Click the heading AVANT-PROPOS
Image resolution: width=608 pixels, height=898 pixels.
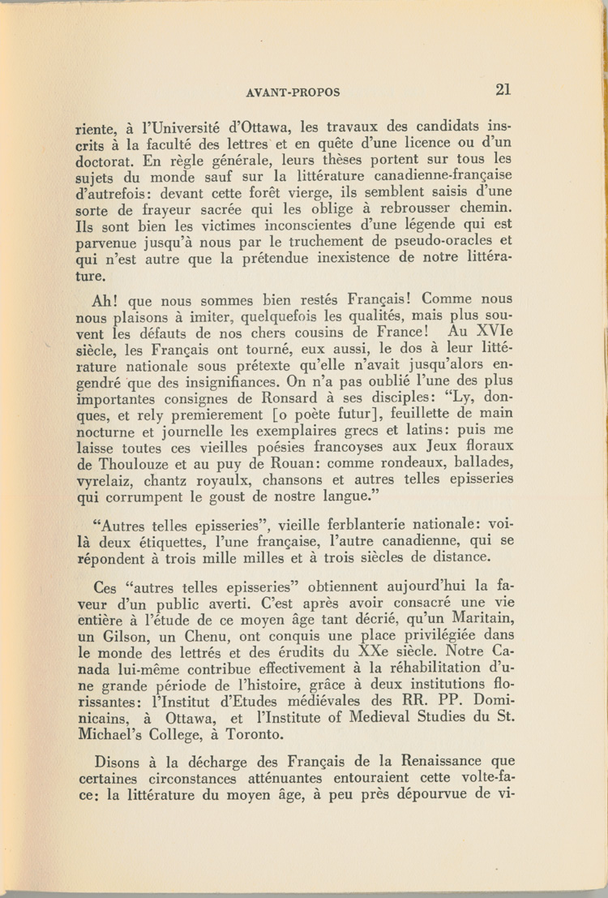293,92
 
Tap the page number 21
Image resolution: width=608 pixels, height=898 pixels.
502,89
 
